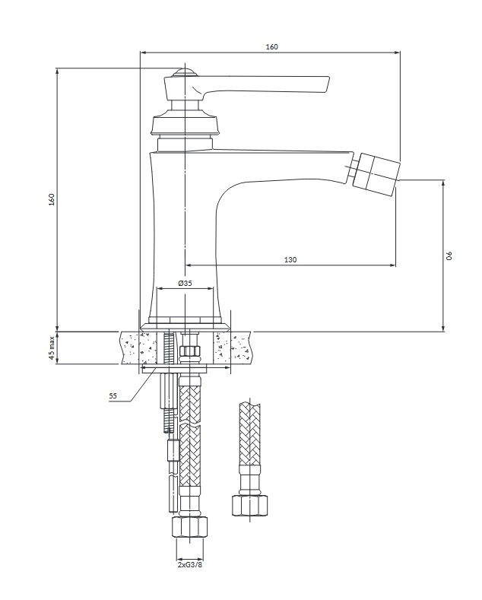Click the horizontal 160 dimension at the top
pyautogui.click(x=271, y=46)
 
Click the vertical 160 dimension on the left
pyautogui.click(x=52, y=199)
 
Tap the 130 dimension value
pyautogui.click(x=290, y=260)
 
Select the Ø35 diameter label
pyautogui.click(x=186, y=283)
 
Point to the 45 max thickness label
pyautogui.click(x=52, y=348)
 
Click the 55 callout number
pyautogui.click(x=113, y=396)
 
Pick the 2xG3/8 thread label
pyautogui.click(x=190, y=565)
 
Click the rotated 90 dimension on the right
pyautogui.click(x=450, y=256)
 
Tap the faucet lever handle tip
pyautogui.click(x=327, y=84)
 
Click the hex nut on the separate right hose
pyautogui.click(x=250, y=505)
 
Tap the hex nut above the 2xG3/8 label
pyautogui.click(x=190, y=528)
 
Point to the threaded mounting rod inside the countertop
pyautogui.click(x=168, y=348)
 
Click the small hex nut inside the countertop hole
pyautogui.click(x=190, y=351)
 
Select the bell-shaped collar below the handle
pyautogui.click(x=186, y=123)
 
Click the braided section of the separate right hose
pyautogui.click(x=249, y=433)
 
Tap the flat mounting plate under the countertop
pyautogui.click(x=174, y=369)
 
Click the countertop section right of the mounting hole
pyautogui.click(x=233, y=348)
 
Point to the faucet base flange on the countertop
pyautogui.click(x=186, y=326)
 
